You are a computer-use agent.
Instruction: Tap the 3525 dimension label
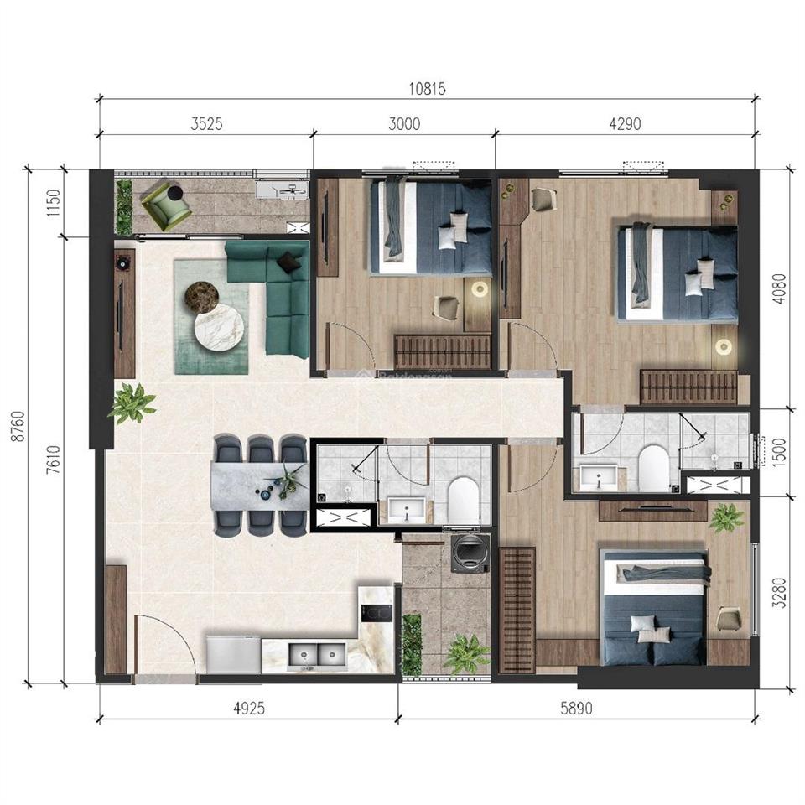click(x=206, y=124)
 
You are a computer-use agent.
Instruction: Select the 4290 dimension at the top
click(x=624, y=124)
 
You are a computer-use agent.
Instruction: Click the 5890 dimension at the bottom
click(x=576, y=709)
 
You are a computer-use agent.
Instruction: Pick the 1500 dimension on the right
click(x=780, y=450)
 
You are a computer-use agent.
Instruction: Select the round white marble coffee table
click(x=219, y=328)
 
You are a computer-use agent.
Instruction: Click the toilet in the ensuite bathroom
click(x=653, y=466)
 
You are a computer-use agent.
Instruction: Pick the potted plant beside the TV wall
click(x=132, y=402)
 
